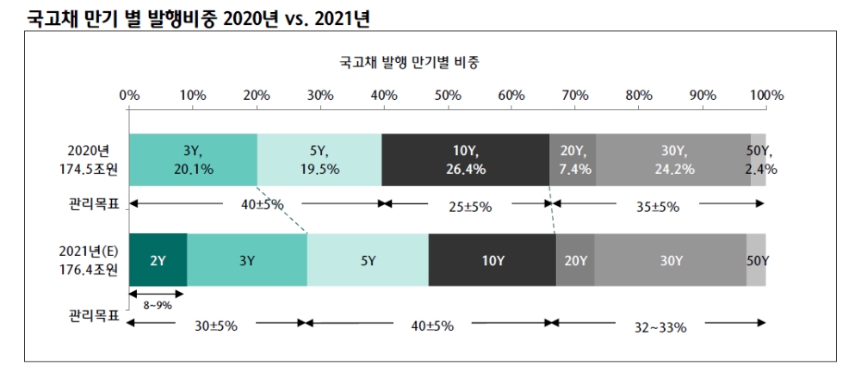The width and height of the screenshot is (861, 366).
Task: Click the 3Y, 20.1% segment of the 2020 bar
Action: pos(193,159)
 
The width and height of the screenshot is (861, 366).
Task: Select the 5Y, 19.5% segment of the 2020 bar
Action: pos(319,159)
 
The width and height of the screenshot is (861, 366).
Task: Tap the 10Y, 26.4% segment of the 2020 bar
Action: pos(466,159)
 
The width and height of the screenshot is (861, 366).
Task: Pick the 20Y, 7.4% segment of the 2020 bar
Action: pos(573,159)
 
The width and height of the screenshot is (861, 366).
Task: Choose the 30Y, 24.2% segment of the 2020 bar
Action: pos(673,159)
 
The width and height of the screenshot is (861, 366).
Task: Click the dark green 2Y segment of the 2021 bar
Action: pos(158,260)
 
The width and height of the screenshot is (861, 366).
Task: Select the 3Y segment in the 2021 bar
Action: pos(247,260)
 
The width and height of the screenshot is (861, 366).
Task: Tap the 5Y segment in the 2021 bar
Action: pos(368,260)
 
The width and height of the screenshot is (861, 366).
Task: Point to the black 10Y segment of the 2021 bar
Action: pos(492,260)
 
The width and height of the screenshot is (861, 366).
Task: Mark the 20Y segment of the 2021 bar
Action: pos(575,260)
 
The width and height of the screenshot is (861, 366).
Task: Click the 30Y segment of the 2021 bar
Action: pos(671,260)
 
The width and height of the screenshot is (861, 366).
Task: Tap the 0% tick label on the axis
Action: pos(129,95)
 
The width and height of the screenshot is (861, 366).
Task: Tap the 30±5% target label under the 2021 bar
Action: pos(216,325)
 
